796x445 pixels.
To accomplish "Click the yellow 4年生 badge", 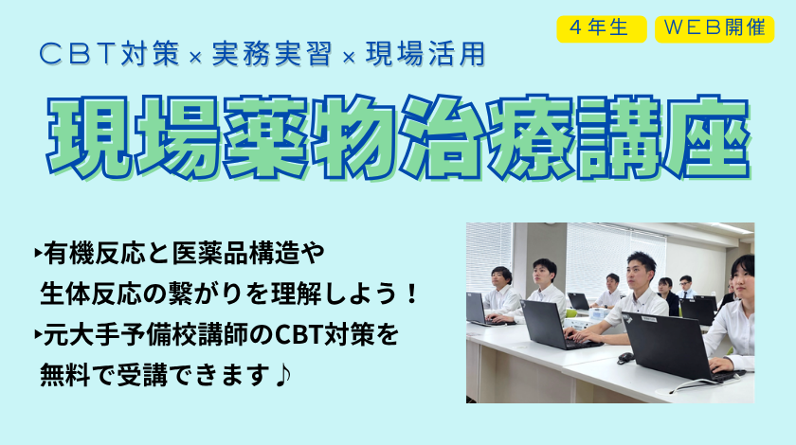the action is [x=601, y=29].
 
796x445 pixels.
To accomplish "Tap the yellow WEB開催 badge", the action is [x=715, y=29].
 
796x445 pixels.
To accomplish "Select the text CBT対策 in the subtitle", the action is [x=109, y=54].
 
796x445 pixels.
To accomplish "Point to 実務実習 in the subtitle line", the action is [x=272, y=54].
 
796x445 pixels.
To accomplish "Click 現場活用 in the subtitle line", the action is [x=425, y=54].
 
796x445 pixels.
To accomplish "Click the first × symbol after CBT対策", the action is [x=195, y=58].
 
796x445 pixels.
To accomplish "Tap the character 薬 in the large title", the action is [x=265, y=137].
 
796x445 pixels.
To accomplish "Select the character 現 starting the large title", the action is [x=89, y=137].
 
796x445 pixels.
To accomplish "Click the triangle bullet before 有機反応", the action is [x=38, y=252].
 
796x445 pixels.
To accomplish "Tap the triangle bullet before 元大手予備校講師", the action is [x=38, y=334].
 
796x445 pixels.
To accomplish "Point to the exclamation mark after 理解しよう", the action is [x=411, y=294].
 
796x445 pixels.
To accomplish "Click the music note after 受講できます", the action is [x=282, y=376].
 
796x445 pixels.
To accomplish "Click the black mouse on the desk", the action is [x=625, y=358].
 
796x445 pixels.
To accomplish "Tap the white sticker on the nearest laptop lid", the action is [x=648, y=319].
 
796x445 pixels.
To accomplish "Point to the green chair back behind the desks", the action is [x=570, y=313].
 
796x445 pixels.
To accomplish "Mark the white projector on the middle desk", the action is [x=598, y=313].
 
